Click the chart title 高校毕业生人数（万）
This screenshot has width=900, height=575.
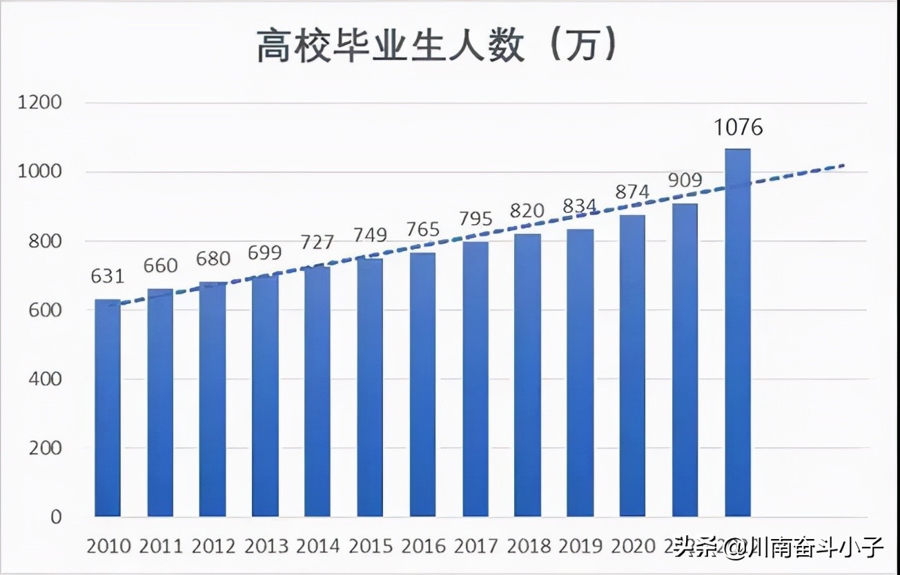pos(436,47)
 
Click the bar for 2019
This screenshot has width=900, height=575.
pos(580,373)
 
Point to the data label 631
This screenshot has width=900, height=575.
pos(108,276)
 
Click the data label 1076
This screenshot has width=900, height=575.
pos(738,128)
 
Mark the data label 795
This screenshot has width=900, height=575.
pos(476,219)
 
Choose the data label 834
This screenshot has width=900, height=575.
pos(580,206)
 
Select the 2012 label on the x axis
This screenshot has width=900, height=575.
pos(213,547)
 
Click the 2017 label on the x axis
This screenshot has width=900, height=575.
pos(476,547)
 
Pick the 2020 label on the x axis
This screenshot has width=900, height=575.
pos(634,547)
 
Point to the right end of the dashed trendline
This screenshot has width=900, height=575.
pos(843,165)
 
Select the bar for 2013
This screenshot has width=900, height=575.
pos(265,396)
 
